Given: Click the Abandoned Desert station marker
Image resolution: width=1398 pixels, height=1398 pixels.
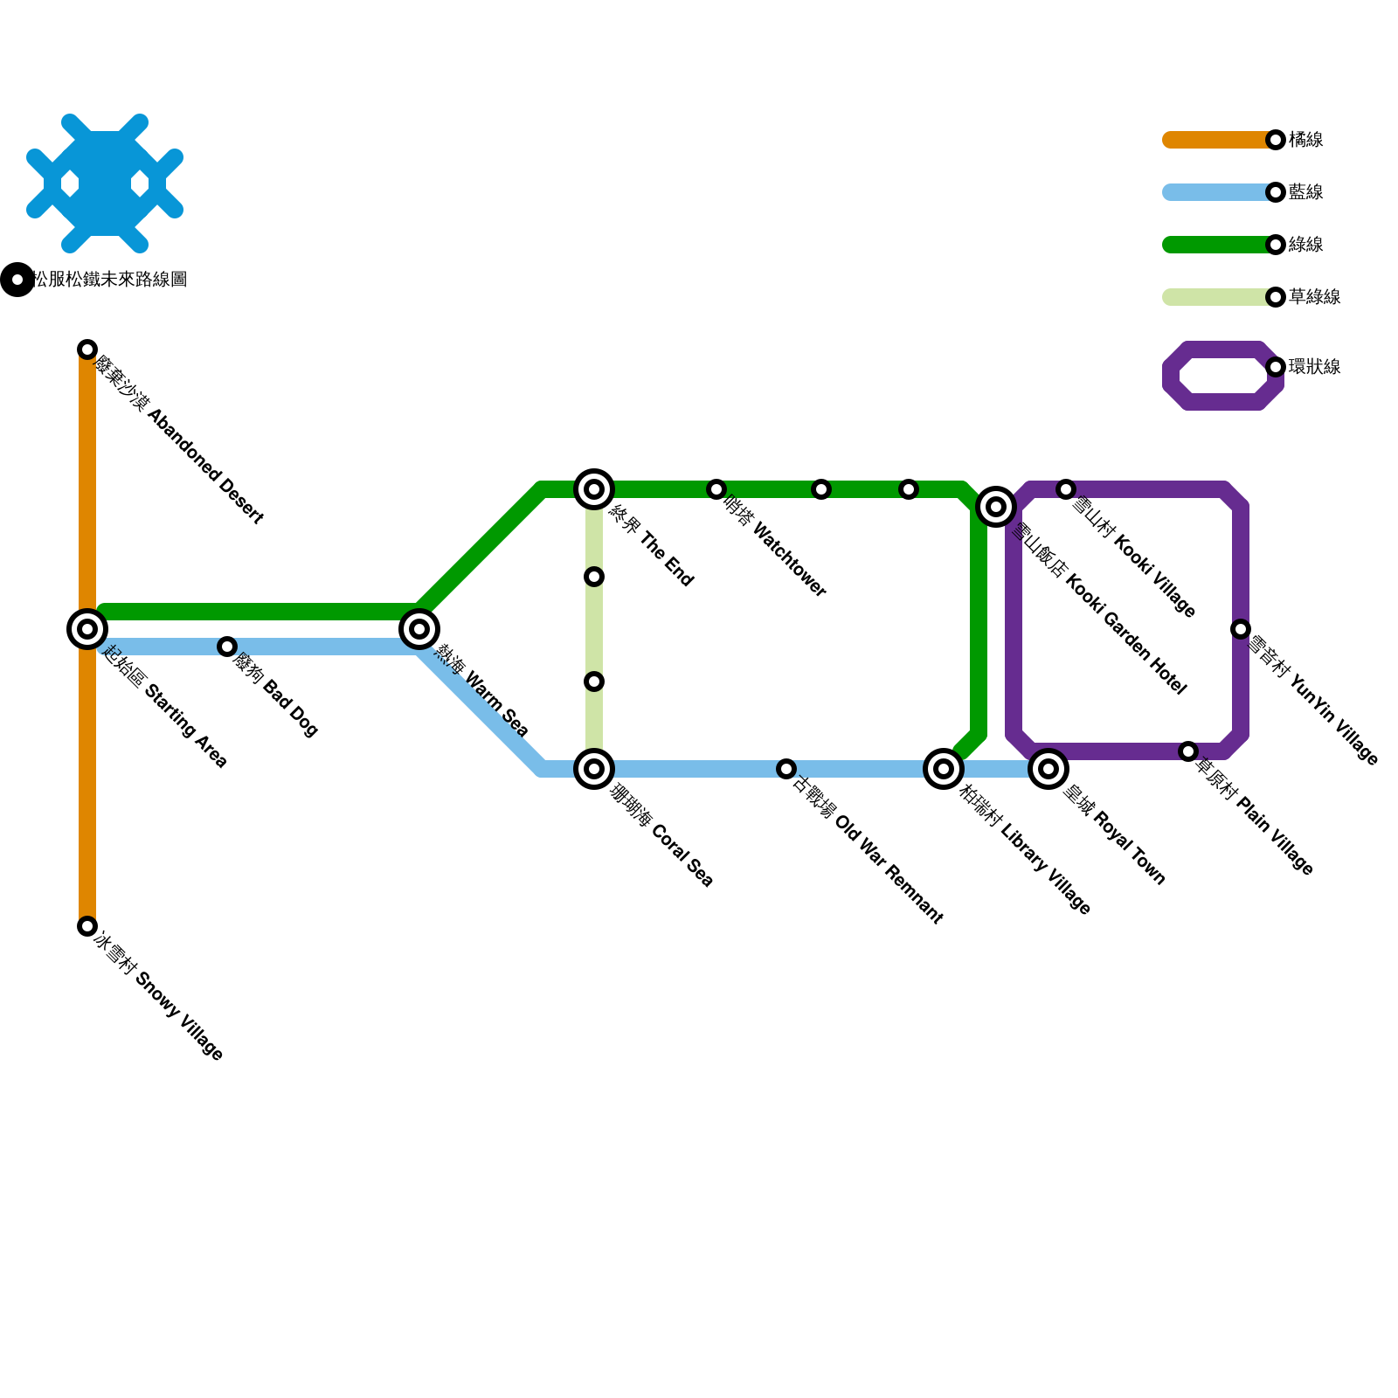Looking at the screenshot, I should tap(87, 349).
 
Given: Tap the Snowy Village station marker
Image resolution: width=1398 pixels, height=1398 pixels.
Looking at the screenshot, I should tap(87, 926).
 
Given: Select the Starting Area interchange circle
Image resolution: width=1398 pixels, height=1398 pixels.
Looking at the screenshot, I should tap(87, 628).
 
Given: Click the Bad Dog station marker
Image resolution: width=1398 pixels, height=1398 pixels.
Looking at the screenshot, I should tap(227, 647).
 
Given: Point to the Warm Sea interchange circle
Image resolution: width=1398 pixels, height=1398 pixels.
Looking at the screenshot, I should tap(419, 628).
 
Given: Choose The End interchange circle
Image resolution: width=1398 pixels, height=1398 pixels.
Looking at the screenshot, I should tap(594, 489).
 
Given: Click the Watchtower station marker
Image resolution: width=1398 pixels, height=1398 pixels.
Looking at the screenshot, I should tap(716, 489).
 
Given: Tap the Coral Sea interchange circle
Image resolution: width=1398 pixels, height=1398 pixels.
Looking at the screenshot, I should tap(594, 769).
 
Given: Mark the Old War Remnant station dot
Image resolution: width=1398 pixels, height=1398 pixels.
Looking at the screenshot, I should tap(786, 769).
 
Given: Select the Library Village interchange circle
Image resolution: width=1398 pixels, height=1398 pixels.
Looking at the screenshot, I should tap(944, 769).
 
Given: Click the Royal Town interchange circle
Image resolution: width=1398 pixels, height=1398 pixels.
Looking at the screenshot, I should tap(1048, 769).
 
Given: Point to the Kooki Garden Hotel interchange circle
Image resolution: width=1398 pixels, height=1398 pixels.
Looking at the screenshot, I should tap(995, 507).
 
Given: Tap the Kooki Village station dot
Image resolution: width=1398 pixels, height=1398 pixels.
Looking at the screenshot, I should tap(1065, 489).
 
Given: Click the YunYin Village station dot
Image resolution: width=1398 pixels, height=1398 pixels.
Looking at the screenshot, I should tap(1241, 629).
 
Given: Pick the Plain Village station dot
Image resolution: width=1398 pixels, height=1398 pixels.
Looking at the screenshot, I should tap(1188, 751).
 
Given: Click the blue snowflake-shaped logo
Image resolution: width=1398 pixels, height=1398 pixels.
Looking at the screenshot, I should tap(105, 183).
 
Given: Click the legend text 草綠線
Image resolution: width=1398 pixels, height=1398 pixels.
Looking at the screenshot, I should tap(1314, 297).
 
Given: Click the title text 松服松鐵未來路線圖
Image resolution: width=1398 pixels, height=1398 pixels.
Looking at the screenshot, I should tap(109, 280).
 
